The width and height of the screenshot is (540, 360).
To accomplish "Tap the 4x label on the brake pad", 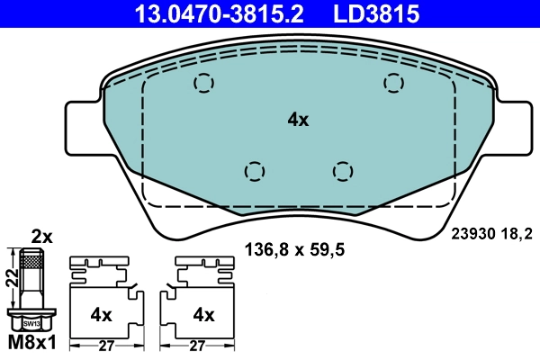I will pos(298,120).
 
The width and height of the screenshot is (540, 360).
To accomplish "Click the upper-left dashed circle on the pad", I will pos(204,84).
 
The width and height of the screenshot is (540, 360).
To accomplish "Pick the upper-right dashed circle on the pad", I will pos(393,83).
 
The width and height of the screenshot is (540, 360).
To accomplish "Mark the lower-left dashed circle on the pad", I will pos(255,170).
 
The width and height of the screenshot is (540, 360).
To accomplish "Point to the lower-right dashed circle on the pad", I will pos(342,170).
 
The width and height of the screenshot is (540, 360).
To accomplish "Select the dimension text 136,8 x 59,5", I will pos(296,248).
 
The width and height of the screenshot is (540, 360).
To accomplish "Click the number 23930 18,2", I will pos(491,231).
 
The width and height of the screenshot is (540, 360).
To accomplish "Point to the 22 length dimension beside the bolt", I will pos(9,280).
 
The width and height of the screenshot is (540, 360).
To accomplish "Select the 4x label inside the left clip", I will pos(101,315).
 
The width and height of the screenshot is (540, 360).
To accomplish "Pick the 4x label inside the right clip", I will pos(203,315).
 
